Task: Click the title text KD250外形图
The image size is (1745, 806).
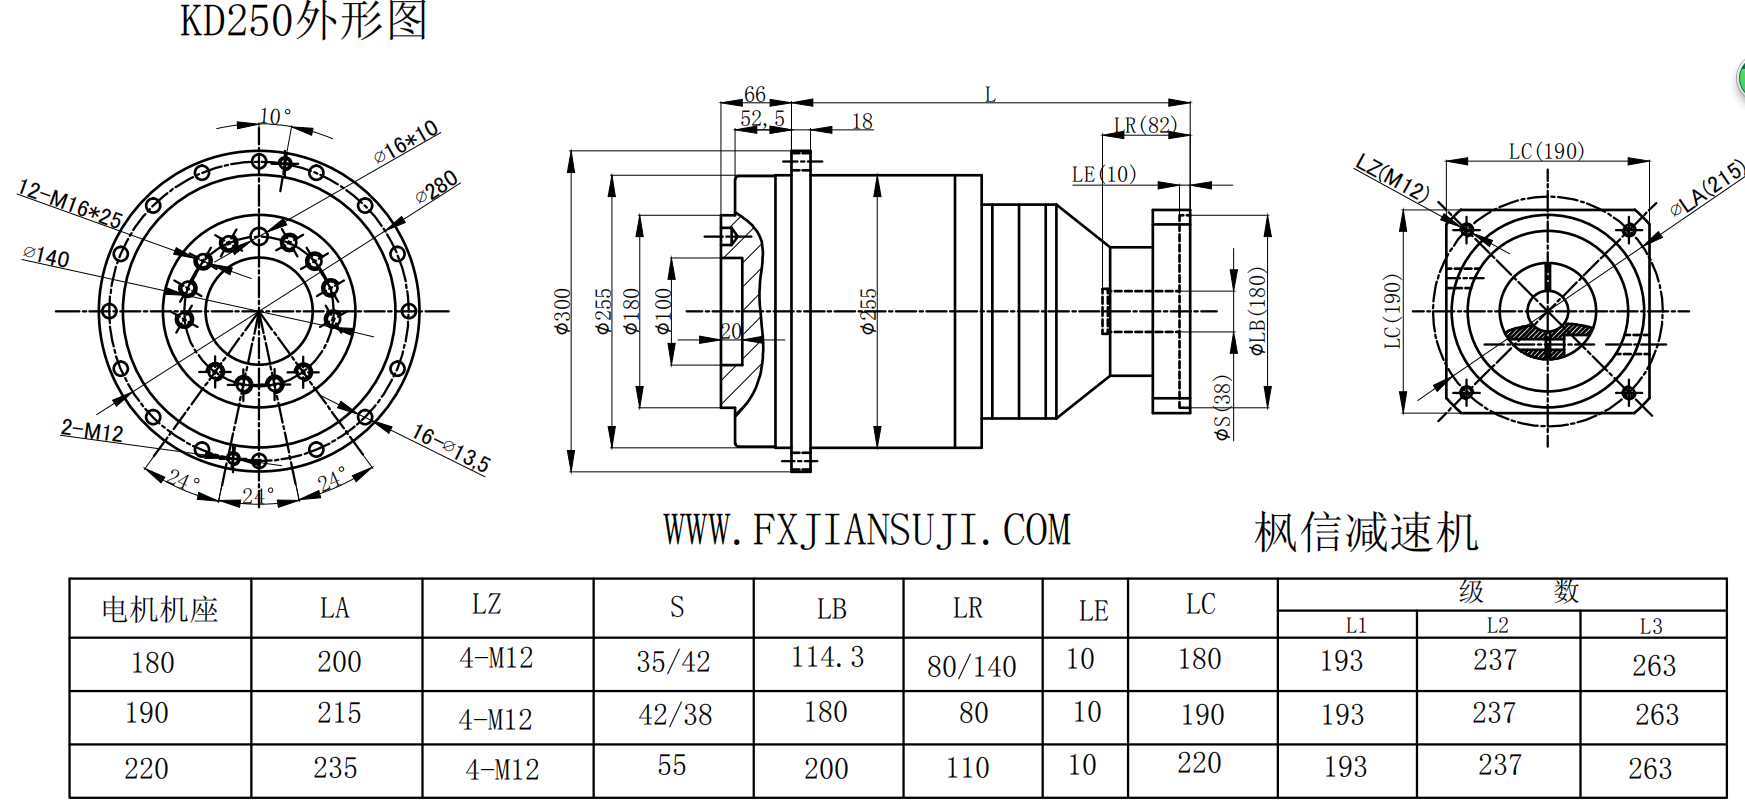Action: (303, 21)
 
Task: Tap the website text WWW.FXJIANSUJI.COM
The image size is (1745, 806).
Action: (867, 530)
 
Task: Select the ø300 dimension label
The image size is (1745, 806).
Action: (563, 311)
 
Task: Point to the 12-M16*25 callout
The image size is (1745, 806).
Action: (70, 204)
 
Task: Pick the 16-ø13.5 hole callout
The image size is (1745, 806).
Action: (451, 448)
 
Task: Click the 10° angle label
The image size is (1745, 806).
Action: (275, 117)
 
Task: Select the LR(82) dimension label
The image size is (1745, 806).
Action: (1145, 125)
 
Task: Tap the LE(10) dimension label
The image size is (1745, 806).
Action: (1104, 174)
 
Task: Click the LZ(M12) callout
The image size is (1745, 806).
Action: (1392, 177)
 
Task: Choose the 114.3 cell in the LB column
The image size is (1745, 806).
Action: (827, 658)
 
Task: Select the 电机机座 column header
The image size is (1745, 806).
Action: (160, 609)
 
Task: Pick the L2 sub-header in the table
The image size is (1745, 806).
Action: (1497, 626)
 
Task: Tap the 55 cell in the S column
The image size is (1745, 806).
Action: (672, 766)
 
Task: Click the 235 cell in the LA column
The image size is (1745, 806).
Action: (335, 768)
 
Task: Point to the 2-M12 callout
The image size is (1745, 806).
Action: (92, 431)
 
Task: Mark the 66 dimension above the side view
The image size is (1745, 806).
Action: (755, 94)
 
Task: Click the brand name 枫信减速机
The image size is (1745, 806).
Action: (1366, 532)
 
